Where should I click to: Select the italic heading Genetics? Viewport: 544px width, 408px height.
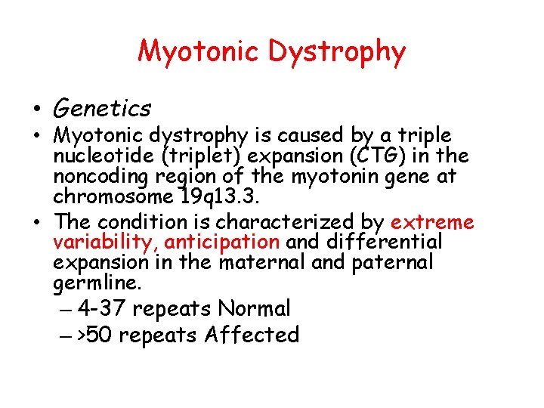click(x=102, y=110)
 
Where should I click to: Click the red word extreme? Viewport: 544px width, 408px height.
click(x=432, y=222)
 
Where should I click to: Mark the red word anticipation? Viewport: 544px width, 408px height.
click(x=221, y=243)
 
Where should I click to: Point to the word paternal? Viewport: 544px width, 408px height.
click(x=395, y=263)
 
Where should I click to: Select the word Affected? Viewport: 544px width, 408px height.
click(x=252, y=335)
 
